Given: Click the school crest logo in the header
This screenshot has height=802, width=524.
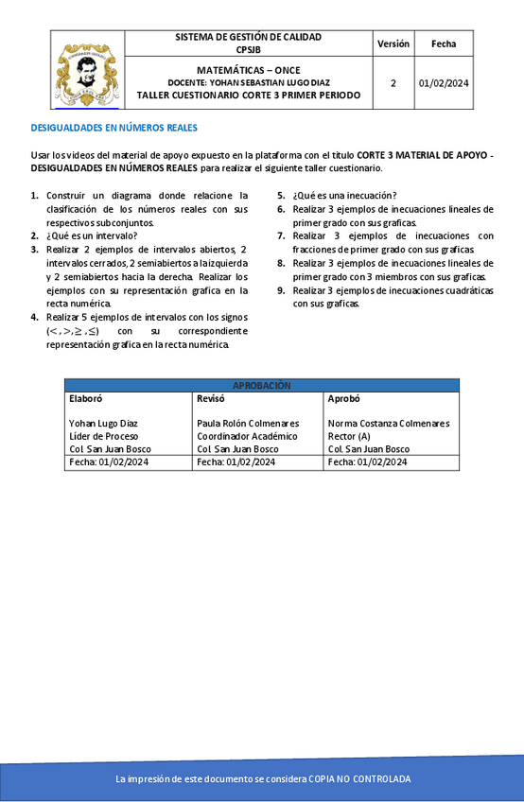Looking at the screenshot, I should (86, 74).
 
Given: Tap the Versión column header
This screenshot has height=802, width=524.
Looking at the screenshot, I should (393, 44).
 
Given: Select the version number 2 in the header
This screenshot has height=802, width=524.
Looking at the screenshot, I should (393, 83).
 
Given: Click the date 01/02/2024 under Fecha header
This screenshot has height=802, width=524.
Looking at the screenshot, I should (444, 83).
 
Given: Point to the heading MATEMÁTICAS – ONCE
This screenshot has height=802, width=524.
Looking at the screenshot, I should (248, 71).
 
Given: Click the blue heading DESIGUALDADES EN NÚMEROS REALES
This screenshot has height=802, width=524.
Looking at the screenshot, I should (114, 128).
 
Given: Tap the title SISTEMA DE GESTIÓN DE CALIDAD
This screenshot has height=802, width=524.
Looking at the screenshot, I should (248, 37).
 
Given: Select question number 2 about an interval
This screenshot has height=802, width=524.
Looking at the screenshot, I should (91, 235).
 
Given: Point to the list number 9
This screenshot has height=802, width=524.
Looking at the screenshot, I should (282, 290).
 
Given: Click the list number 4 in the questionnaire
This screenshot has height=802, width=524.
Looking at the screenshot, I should (35, 318).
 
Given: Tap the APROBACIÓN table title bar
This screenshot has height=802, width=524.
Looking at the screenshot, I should (262, 385).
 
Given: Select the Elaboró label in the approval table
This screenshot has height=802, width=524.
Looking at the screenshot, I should (85, 398).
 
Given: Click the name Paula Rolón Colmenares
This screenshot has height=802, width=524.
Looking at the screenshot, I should (248, 424).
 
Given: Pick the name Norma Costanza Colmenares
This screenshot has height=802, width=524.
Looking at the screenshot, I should (389, 424).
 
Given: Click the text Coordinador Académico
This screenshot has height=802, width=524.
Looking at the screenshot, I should (247, 436).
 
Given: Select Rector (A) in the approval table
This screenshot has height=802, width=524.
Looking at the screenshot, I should (349, 436).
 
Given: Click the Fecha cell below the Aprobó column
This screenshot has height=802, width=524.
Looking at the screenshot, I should (368, 462).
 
